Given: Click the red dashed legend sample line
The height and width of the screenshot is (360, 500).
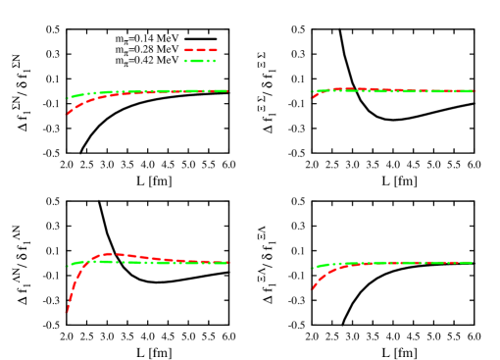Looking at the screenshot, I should pos(200,50).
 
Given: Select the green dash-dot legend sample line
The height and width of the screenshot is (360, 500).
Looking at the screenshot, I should pos(200,61).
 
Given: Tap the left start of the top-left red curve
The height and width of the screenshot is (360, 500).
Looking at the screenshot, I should pos(67,114).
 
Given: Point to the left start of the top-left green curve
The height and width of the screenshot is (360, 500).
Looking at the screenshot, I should pos(67,98).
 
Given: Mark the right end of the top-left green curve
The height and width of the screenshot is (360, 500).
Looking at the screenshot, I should pos(226,90).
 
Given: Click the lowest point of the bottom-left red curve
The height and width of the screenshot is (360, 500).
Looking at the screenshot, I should pos(67,311).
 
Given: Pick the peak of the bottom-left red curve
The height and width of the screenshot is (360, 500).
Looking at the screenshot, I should pos(109,254).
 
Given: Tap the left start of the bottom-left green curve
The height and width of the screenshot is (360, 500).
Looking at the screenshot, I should pos(67,266).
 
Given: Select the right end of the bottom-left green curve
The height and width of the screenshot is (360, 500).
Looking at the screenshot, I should pos(226,263).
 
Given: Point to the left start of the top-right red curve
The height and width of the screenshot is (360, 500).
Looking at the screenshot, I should pos(312,97).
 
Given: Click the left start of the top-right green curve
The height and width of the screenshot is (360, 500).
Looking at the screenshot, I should pos(312,92).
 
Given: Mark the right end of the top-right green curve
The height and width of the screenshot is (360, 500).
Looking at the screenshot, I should pos(472,91).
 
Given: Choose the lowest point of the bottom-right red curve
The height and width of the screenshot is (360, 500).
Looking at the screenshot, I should pos(312,288).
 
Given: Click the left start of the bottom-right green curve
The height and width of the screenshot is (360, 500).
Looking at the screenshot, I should pos(312,268).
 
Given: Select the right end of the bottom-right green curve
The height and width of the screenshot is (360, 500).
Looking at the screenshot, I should pos(472,262).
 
